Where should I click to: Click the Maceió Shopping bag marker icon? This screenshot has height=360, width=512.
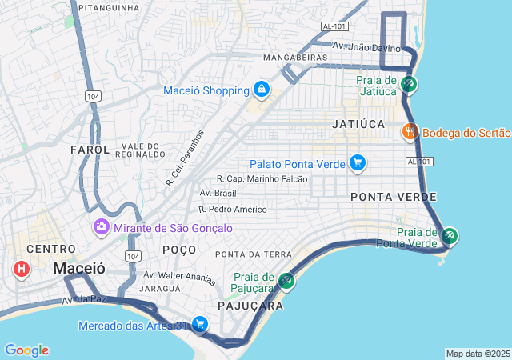click(261, 89)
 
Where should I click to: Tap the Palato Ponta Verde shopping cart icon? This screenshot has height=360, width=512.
click(357, 163)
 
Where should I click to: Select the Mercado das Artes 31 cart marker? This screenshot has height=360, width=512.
click(200, 325)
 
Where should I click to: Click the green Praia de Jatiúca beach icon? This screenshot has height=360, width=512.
click(409, 83)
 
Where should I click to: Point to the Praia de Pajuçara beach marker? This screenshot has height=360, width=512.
click(286, 282)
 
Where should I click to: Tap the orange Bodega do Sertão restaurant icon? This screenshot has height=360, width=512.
click(409, 132)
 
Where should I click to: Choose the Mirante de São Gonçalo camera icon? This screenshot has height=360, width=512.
click(102, 228)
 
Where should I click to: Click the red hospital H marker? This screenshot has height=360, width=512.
click(21, 269)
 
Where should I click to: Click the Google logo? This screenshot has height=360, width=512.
click(26, 350)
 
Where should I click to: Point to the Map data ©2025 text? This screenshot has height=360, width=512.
click(477, 354)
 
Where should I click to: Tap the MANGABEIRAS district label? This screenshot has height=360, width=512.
click(295, 58)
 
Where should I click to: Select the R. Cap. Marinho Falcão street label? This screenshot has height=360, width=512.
click(262, 179)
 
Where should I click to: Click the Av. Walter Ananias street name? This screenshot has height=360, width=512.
click(179, 278)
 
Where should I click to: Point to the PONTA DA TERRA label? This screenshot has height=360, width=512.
click(254, 254)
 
